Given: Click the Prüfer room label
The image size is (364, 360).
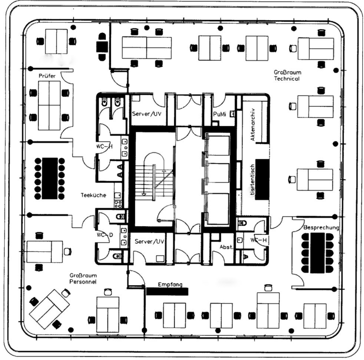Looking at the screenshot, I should coord(47,76).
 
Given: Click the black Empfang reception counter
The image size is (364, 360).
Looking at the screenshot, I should coord(167,291).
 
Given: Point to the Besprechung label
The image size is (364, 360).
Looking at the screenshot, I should coord(321,228).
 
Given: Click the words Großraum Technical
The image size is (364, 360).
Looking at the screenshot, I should coord(287,75).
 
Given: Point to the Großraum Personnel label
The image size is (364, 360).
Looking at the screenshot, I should coord(83,279).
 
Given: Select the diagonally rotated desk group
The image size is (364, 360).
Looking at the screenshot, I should coord(49,308).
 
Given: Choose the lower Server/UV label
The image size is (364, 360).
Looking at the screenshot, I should coord(149,242).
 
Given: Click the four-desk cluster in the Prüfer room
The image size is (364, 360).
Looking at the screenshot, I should coord(49,105).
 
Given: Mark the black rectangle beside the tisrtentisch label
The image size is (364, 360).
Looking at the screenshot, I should coord(262,179).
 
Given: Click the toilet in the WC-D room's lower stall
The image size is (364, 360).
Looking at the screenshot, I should coord(117,256).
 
